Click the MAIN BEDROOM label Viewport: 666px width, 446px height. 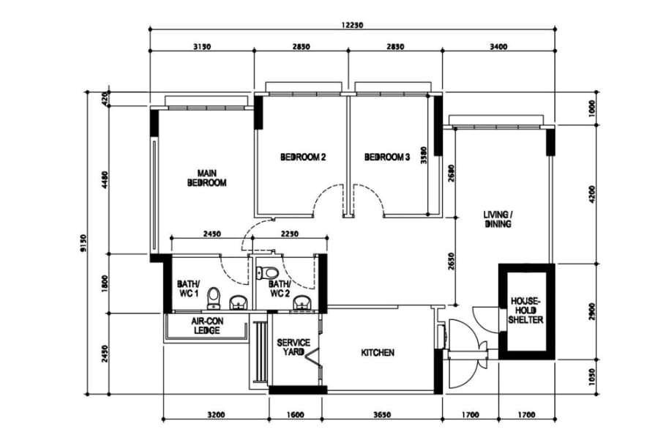point(207,178)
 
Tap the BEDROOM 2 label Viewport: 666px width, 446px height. point(303,157)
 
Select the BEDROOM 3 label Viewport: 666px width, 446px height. point(387,157)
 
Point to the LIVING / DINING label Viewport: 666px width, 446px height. point(498,219)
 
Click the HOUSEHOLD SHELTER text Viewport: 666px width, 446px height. point(525,311)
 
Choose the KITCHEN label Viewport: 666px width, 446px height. point(378,352)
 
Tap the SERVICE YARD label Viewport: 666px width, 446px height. point(293,347)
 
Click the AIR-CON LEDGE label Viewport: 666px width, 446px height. point(207,326)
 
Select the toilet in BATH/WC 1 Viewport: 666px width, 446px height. point(214,298)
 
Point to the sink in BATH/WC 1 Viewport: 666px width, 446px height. point(239,302)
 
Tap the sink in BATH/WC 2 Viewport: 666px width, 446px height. point(302,302)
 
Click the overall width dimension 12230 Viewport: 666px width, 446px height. point(352,25)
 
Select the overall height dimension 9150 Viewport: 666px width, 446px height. point(83,242)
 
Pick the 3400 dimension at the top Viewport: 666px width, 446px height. point(498,47)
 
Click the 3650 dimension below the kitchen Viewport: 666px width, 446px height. point(381,415)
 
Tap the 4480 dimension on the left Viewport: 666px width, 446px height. point(105,180)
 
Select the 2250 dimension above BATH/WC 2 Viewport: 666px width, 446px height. point(290,234)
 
